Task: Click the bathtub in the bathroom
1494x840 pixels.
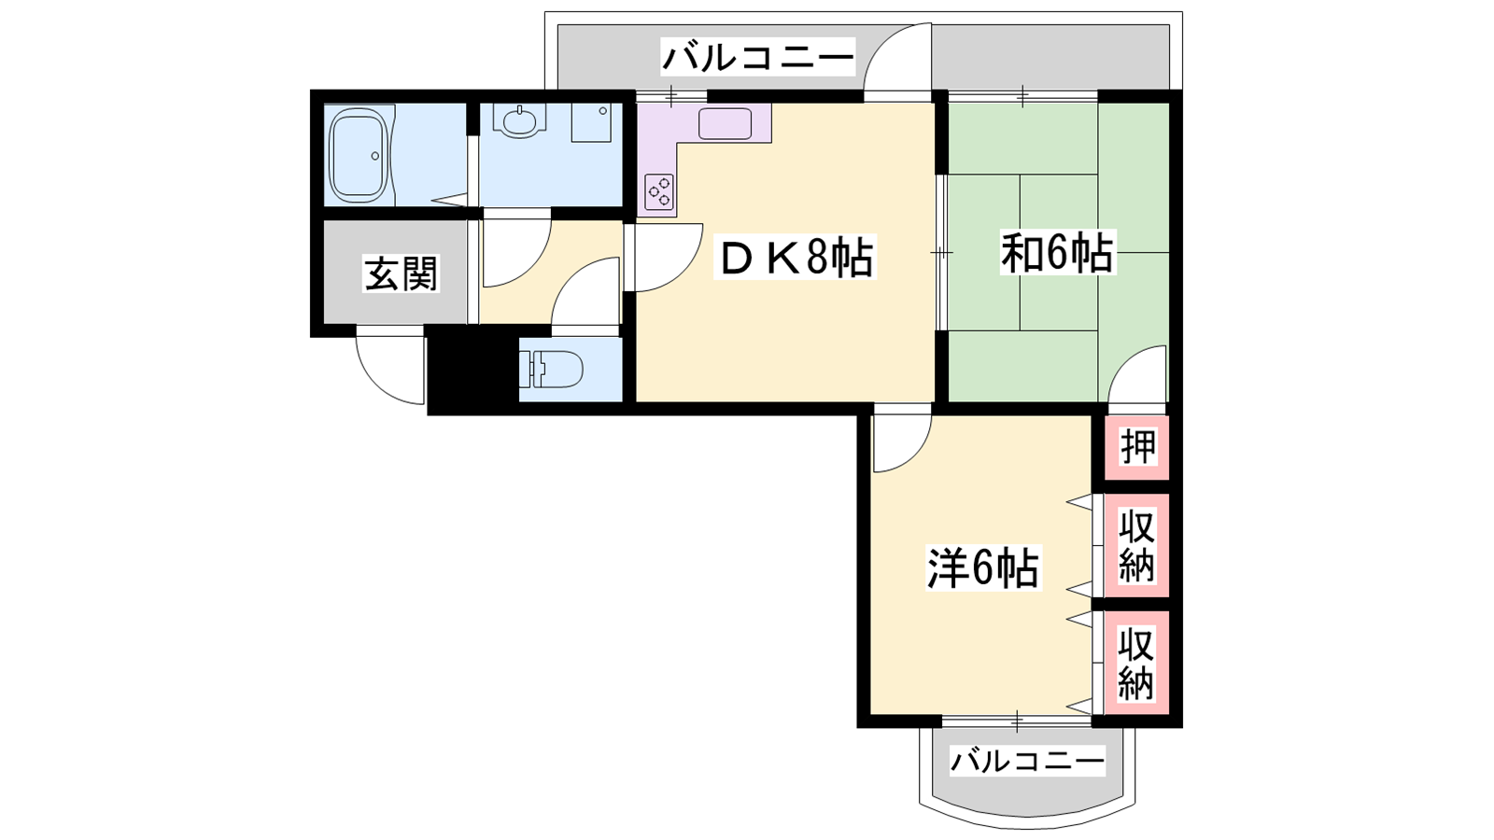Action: click(359, 155)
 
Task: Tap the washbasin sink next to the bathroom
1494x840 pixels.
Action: click(519, 121)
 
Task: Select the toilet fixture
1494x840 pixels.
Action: click(551, 368)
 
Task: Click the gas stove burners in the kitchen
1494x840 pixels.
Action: click(659, 190)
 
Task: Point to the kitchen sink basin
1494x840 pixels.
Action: click(725, 123)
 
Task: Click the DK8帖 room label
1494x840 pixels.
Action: click(794, 258)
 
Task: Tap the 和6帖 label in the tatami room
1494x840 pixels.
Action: click(1056, 253)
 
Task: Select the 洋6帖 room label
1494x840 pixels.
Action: click(983, 568)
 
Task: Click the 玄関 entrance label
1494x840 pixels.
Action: click(401, 273)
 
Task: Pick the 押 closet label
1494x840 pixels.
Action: click(1137, 447)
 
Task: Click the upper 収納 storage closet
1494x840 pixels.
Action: click(1136, 545)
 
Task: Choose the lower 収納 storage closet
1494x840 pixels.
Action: click(1136, 663)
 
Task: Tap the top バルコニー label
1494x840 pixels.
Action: click(757, 57)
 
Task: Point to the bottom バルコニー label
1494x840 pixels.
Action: click(1027, 760)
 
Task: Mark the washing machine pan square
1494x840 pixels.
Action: click(591, 122)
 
